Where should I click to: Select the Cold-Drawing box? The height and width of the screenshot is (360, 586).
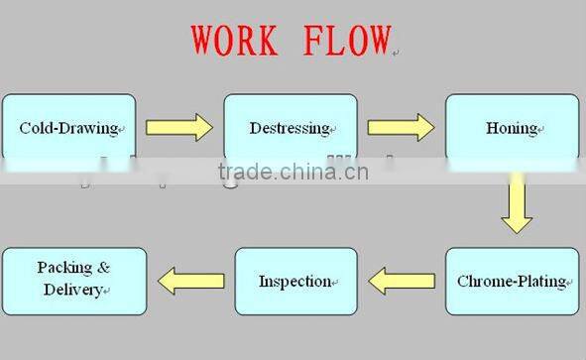68,128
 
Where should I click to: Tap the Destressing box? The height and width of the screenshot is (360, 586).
290,128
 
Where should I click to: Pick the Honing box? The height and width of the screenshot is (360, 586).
512,128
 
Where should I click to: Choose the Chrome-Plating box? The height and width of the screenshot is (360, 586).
512,282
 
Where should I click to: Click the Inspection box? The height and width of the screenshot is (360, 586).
295,282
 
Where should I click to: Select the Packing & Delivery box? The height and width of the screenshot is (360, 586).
74,281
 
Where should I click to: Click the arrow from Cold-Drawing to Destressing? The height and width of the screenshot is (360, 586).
179,127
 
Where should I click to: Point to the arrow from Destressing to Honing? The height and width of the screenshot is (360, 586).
401,127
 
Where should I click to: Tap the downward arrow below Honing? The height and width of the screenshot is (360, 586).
517,203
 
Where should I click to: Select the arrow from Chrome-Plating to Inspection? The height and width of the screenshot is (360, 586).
401,282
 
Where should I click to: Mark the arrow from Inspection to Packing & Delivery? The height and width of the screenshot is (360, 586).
190,282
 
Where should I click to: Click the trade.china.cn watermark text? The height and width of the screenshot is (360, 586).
293,173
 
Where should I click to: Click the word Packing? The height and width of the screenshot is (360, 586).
64,268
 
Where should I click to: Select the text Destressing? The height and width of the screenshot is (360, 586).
289,128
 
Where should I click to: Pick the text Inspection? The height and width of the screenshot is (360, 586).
294,282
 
